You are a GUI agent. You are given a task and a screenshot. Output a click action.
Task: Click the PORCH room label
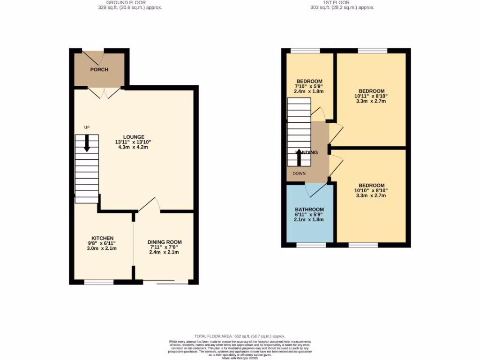coord(99,70)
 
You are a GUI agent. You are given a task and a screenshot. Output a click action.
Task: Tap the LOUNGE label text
coord(134,137)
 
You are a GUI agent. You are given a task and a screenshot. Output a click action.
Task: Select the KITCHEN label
coord(102,238)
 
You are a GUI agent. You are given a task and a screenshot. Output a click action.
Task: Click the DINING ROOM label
coord(165,242)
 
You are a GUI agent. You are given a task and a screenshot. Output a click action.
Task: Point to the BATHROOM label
coord(309,210)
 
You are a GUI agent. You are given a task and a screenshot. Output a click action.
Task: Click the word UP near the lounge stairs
coord(87,127)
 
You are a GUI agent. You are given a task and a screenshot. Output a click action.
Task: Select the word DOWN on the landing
coord(300,173)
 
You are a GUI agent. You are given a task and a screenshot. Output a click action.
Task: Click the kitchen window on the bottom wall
coord(98,282)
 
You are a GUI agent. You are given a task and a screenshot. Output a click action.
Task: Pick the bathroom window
coord(311,245)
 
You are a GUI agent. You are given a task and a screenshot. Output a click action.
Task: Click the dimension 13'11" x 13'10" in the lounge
coord(134,142)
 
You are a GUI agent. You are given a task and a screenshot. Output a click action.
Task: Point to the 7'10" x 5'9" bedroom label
coord(309,86)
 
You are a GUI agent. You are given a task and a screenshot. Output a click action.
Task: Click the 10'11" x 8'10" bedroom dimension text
coord(371,96)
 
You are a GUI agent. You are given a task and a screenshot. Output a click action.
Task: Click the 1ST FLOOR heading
coord(336,2)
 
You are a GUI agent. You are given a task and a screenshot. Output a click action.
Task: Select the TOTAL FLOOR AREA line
coord(240,336)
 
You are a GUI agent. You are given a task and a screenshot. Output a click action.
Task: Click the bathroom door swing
coord(315,189)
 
